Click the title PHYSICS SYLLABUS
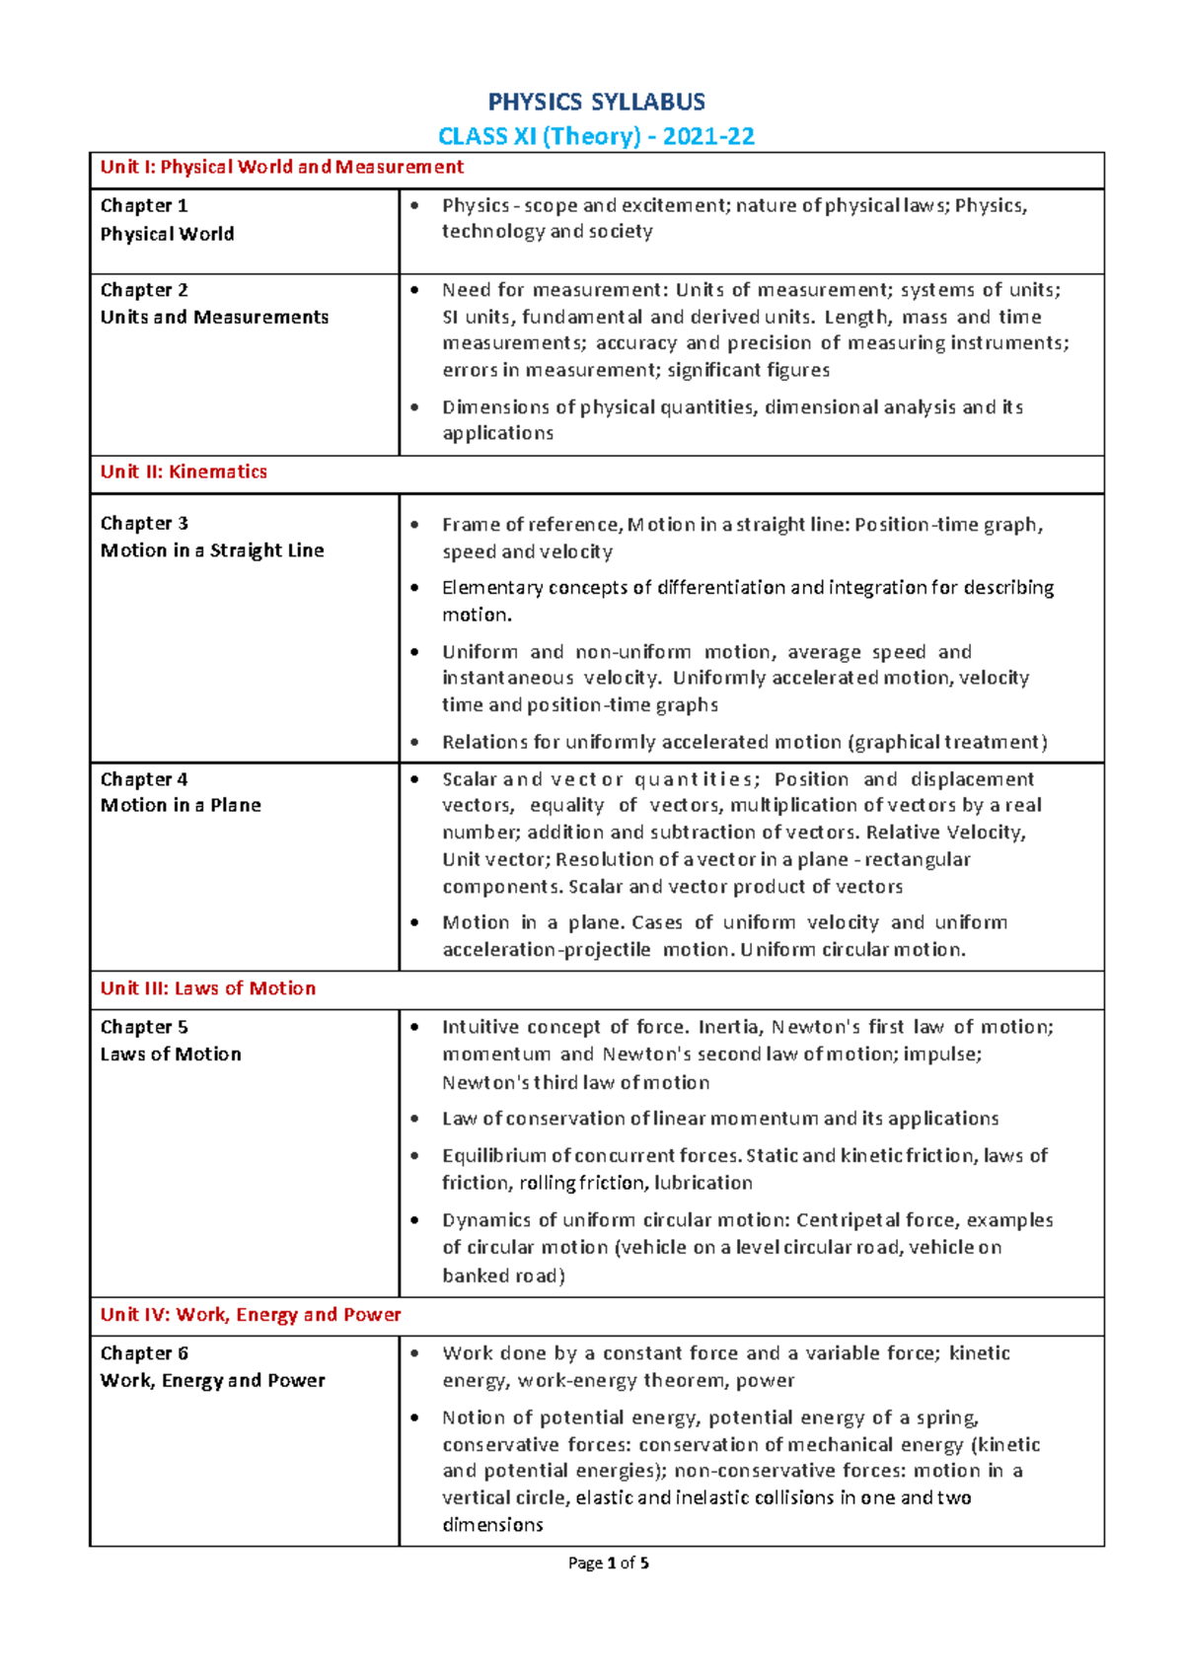click(x=597, y=103)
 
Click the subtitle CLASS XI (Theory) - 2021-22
click(x=597, y=136)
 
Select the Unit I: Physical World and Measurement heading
click(x=281, y=167)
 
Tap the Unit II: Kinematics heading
click(x=184, y=472)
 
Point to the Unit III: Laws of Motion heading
click(x=208, y=988)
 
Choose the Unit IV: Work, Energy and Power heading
click(x=251, y=1315)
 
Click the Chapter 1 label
click(x=144, y=205)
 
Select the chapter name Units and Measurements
click(x=214, y=317)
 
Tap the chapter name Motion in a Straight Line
click(x=212, y=550)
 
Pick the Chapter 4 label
click(x=144, y=779)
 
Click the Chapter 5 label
click(x=144, y=1027)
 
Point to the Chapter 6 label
click(x=144, y=1353)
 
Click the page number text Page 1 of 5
click(x=609, y=1563)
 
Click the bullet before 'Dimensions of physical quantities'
click(x=415, y=407)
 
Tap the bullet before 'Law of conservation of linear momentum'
click(x=415, y=1119)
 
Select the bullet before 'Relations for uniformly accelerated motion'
click(x=415, y=742)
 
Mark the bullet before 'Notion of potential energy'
click(x=415, y=1418)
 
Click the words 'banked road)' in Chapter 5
click(x=503, y=1275)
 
